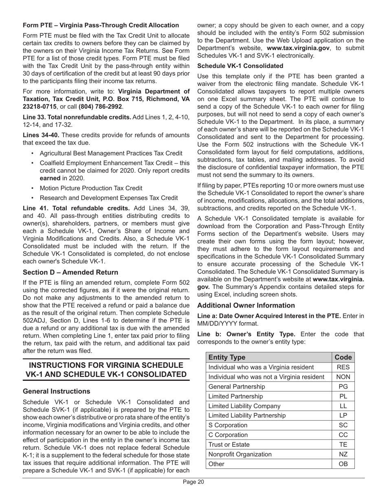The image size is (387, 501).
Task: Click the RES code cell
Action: pos(343,367)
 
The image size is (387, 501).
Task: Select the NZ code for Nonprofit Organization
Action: pos(343,454)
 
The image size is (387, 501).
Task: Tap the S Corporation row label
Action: pos(228,425)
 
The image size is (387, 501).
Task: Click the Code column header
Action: pos(343,357)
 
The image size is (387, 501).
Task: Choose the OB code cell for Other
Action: pos(343,464)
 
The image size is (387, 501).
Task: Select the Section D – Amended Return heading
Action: pos(70,272)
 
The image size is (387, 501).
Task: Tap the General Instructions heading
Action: pos(57,391)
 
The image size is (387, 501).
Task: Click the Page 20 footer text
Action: pos(193,482)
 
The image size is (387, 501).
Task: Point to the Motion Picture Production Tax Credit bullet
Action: pos(91,188)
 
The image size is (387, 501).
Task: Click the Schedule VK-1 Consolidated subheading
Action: pos(240,66)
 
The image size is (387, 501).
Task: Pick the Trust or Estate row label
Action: pos(229,444)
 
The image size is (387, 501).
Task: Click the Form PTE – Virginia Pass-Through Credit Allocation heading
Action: pos(101,25)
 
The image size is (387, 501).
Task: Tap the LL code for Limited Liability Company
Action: pos(343,406)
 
